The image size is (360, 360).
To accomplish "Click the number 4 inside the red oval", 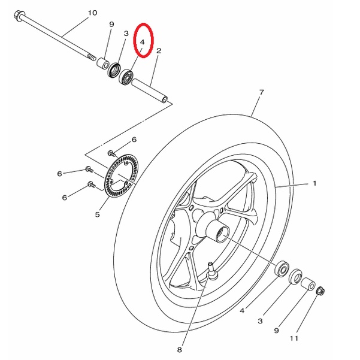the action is click(143, 43).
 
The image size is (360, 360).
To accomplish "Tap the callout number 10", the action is click(92, 13).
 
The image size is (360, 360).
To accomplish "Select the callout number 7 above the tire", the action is click(262, 92).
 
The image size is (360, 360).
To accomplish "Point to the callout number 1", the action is click(314, 183).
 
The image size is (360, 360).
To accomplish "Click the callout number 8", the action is click(180, 350).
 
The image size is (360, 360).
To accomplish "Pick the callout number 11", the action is click(294, 338).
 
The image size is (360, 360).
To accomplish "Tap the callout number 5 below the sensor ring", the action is click(98, 214).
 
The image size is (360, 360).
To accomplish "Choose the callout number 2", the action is click(159, 51).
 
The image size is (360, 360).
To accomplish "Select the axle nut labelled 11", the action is click(320, 291).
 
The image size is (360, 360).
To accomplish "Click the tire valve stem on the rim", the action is click(211, 271).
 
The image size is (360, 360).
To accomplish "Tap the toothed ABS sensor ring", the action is click(121, 176).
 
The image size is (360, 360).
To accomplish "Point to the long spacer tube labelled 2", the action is click(150, 91).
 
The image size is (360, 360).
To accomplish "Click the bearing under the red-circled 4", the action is click(126, 77).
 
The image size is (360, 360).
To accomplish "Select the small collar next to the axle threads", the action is click(103, 63).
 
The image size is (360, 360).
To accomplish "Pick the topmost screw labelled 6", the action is click(111, 153).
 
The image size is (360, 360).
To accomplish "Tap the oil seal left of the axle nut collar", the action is click(295, 277).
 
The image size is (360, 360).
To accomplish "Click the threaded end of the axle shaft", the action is click(92, 58).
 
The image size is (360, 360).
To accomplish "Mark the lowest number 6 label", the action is click(65, 198).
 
